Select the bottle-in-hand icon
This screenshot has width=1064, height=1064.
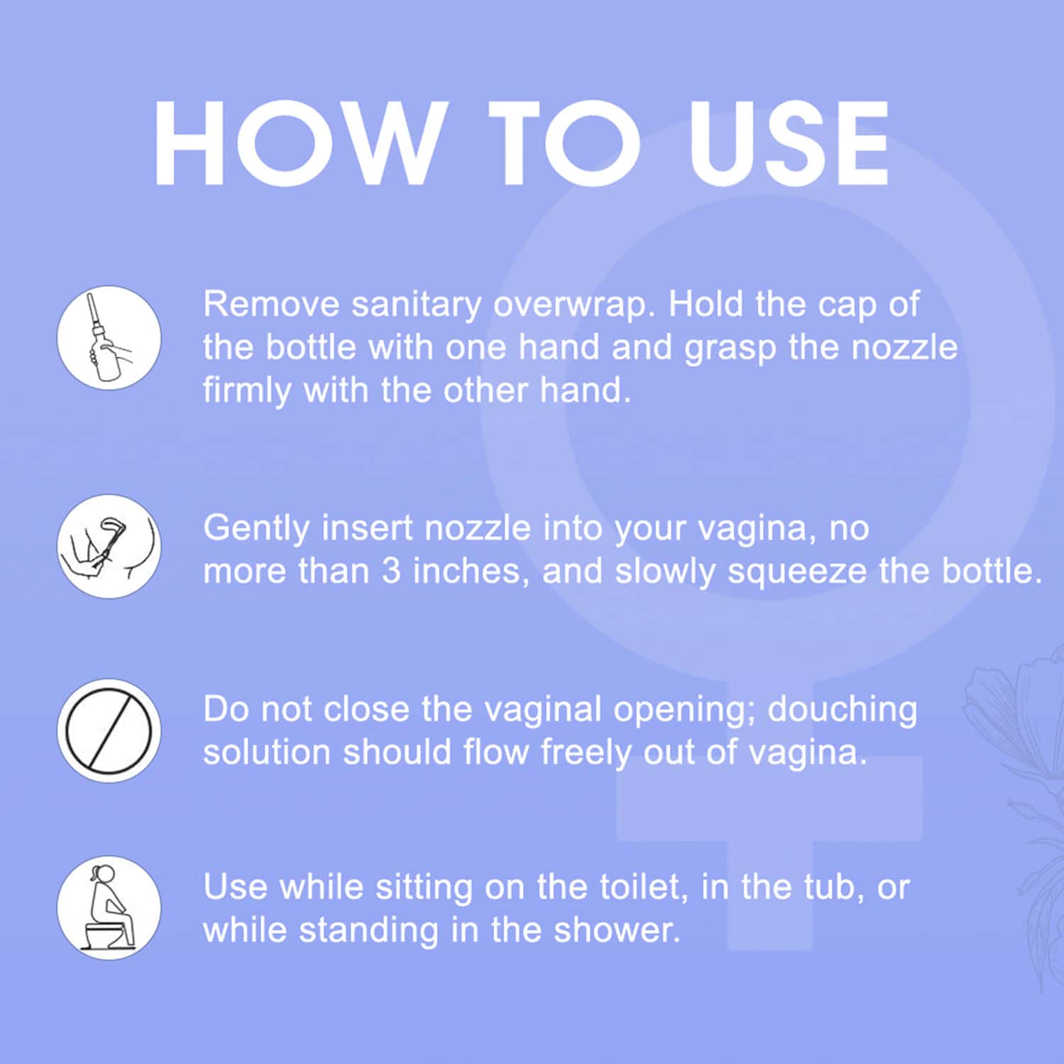click(x=109, y=338)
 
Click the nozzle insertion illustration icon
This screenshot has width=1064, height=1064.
click(x=109, y=547)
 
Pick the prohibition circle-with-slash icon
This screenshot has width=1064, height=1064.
click(x=109, y=731)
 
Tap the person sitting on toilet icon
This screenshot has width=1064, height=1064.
click(x=109, y=908)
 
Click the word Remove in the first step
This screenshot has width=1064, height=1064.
click(x=272, y=305)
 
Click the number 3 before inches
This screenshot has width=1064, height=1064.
click(x=392, y=571)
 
